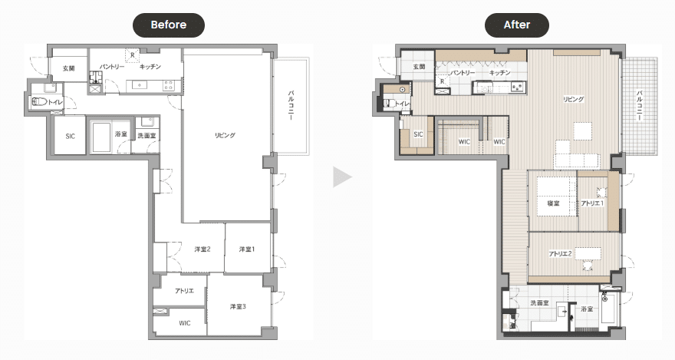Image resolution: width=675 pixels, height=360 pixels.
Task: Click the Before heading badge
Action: pyautogui.click(x=168, y=25)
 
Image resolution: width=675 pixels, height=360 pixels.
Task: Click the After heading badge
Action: pyautogui.click(x=516, y=25)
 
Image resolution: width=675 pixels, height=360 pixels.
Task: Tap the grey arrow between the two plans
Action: pyautogui.click(x=342, y=177)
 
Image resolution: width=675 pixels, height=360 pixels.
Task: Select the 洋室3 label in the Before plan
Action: pyautogui.click(x=238, y=306)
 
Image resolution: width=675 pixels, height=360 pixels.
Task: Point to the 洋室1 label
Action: pyautogui.click(x=247, y=249)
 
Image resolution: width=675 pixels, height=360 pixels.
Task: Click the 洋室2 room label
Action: pyautogui.click(x=202, y=249)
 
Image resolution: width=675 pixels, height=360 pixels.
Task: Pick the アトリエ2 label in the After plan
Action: pyautogui.click(x=560, y=253)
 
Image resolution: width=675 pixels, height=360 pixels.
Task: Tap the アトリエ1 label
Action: pyautogui.click(x=592, y=203)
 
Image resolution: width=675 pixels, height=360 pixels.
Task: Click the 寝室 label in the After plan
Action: pyautogui.click(x=553, y=203)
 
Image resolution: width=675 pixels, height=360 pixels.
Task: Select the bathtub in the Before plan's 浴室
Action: pyautogui.click(x=101, y=137)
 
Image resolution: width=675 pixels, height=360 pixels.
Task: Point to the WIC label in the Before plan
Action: pyautogui.click(x=185, y=323)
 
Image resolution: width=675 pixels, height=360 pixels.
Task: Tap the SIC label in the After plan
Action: pyautogui.click(x=418, y=134)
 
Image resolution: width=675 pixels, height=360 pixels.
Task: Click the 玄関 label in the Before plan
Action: pyautogui.click(x=69, y=68)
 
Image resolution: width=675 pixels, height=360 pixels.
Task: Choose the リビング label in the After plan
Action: pyautogui.click(x=574, y=99)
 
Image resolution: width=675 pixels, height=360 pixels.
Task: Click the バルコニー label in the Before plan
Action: pyautogui.click(x=291, y=104)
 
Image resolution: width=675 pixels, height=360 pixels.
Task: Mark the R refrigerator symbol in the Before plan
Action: pyautogui.click(x=133, y=55)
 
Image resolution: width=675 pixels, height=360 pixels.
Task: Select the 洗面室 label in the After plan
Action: pyautogui.click(x=539, y=302)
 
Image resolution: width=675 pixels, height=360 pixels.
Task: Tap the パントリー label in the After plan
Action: pyautogui.click(x=463, y=73)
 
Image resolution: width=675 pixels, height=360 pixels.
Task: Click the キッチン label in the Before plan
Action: pyautogui.click(x=150, y=67)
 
